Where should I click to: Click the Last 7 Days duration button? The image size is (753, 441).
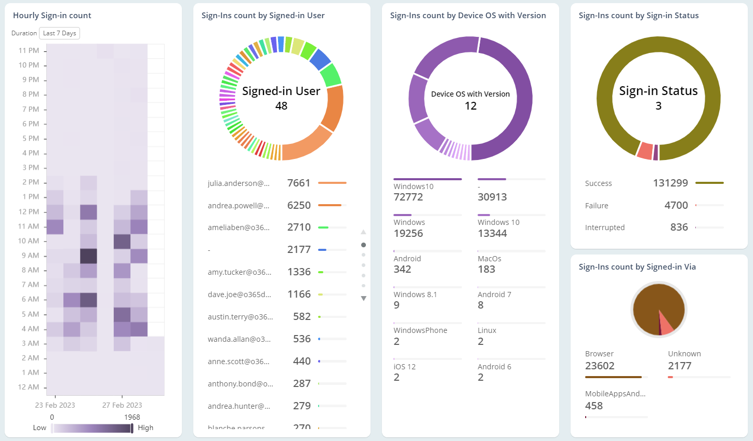[59, 33]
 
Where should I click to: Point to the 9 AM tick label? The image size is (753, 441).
[30, 256]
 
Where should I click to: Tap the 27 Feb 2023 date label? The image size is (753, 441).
[122, 405]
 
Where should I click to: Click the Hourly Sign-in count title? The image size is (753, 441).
[52, 16]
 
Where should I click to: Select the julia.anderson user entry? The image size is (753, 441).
[239, 183]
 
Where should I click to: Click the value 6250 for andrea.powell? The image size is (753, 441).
[299, 205]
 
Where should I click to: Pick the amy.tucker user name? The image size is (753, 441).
[240, 272]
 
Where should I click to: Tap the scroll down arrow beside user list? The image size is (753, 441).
[364, 298]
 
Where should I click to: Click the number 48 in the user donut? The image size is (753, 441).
[281, 106]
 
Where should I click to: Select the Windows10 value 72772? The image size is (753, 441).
[408, 197]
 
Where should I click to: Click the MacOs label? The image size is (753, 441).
[490, 259]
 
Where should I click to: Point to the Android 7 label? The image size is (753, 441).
[494, 295]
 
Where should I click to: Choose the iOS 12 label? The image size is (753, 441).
[405, 367]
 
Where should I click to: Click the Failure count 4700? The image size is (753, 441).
[676, 206]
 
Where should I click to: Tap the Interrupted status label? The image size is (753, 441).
[605, 228]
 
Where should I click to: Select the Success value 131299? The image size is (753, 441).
[670, 183]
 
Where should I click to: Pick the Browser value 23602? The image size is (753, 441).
[600, 366]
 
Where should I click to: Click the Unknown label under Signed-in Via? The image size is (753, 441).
[684, 354]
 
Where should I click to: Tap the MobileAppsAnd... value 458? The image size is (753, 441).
[594, 406]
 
